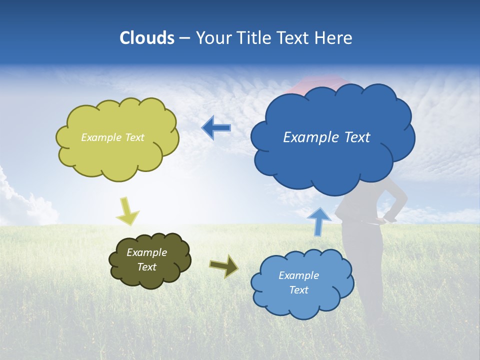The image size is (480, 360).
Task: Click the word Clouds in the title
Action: pyautogui.click(x=147, y=38)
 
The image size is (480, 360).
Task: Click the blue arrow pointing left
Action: pyautogui.click(x=216, y=128)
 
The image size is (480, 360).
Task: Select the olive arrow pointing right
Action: pyautogui.click(x=224, y=266)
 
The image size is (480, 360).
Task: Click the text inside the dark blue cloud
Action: pyautogui.click(x=326, y=137)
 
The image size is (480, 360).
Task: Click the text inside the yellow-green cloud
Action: pyautogui.click(x=112, y=137)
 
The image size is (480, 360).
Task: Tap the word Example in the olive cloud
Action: pyautogui.click(x=146, y=252)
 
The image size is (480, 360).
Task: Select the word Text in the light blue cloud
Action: pyautogui.click(x=298, y=290)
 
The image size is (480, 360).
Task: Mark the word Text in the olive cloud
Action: pyautogui.click(x=146, y=267)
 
